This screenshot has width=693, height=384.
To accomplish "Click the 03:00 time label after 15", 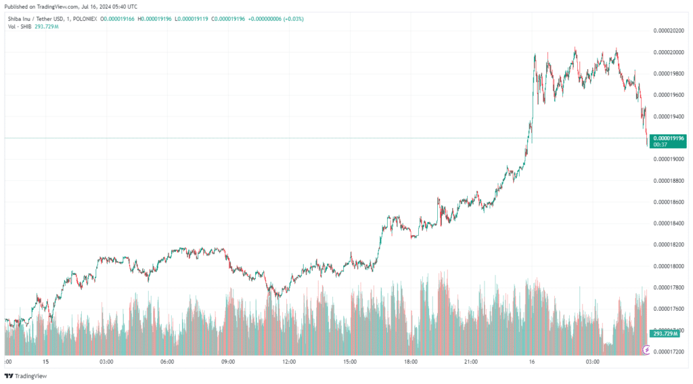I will [x=106, y=362].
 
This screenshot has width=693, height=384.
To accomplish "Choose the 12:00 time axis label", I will [x=289, y=362].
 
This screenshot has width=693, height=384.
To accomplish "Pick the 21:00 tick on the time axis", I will [x=471, y=362].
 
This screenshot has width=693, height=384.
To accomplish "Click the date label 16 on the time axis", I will [x=532, y=362].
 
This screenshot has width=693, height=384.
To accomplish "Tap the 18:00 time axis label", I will [x=410, y=362].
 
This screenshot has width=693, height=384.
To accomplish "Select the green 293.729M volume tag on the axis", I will [x=666, y=334].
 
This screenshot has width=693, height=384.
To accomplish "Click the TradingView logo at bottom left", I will [x=26, y=376].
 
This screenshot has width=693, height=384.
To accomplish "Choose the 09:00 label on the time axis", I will [x=228, y=362].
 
